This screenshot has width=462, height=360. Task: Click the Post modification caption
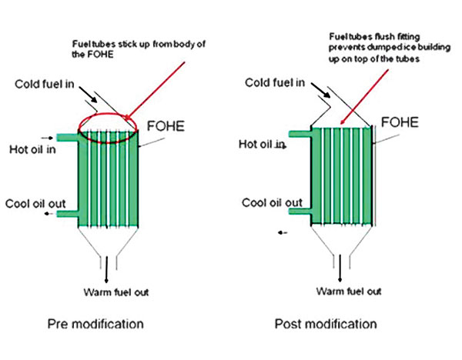click(x=326, y=323)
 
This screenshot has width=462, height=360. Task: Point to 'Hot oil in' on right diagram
click(x=262, y=144)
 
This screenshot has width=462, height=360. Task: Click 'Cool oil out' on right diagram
click(x=271, y=203)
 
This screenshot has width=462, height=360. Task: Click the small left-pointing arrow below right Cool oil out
click(x=282, y=230)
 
